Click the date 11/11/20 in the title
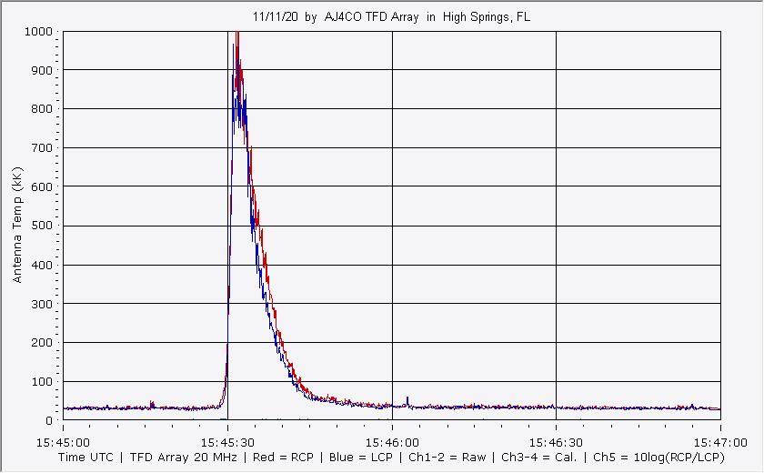pos(272,17)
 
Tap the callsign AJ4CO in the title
pos(344,17)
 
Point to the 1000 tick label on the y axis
pos(39,32)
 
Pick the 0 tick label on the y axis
pos(51,421)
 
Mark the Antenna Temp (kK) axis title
pos(17,225)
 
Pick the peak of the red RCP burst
pos(237,34)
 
